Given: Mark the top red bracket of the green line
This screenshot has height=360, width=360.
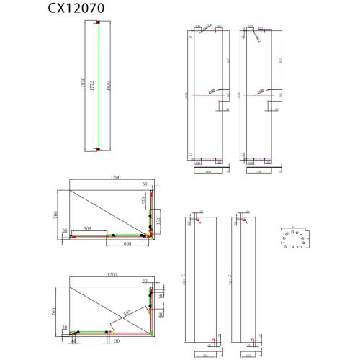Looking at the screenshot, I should [x=96, y=22].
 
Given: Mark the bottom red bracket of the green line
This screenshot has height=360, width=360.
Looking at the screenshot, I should [x=96, y=150].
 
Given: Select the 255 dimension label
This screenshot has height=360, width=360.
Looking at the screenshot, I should [x=145, y=204].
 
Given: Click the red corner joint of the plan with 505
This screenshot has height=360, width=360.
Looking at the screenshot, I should [x=150, y=234].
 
